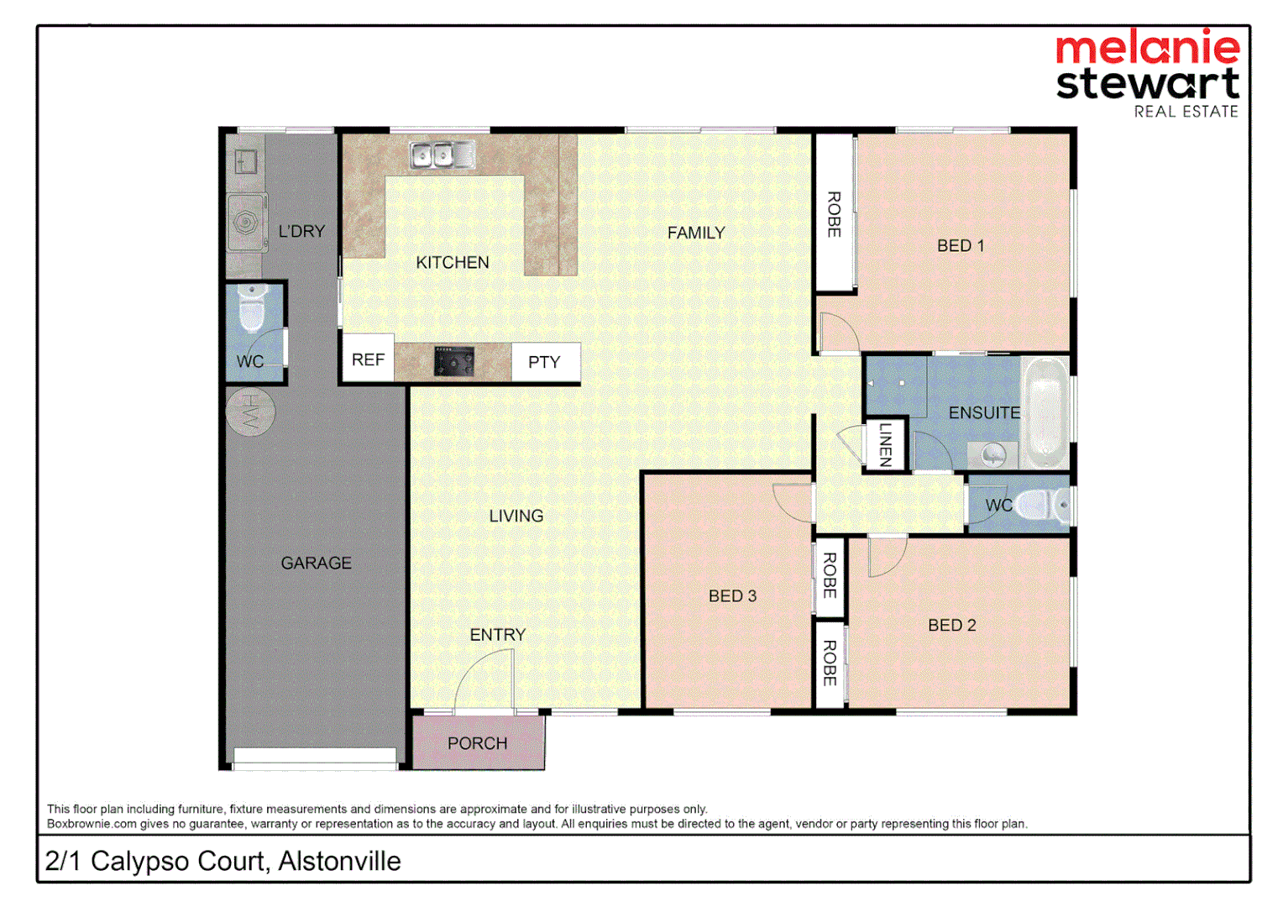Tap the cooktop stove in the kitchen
(x=453, y=361)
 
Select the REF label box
(x=368, y=359)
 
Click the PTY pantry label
(x=544, y=362)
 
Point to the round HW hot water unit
(x=249, y=412)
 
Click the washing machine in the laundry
(x=246, y=222)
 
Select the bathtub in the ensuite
(x=1045, y=412)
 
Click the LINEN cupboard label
(x=885, y=444)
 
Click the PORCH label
(x=477, y=743)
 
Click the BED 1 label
(x=961, y=245)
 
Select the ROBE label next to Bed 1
(x=834, y=214)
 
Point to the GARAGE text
(x=316, y=563)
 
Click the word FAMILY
(x=696, y=233)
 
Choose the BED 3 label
(x=732, y=595)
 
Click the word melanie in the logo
(x=1147, y=48)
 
